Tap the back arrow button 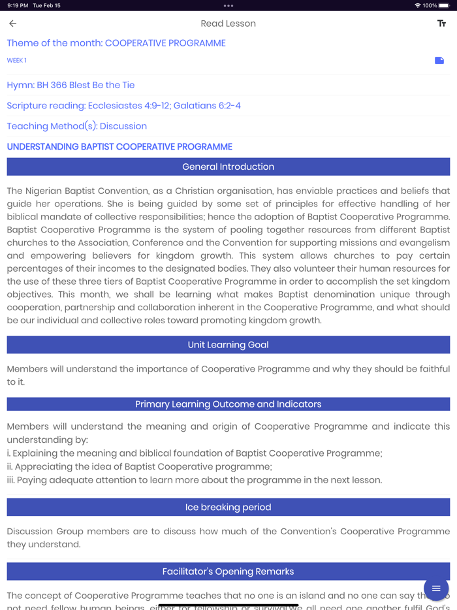pos(13,24)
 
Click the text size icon pos(441,24)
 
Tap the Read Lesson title pos(228,24)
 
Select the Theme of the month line pos(116,43)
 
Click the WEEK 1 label pos(17,60)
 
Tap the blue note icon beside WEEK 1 pos(439,60)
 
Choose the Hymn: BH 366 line pos(71,85)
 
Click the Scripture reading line pos(123,105)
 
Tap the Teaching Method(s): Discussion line pos(76,126)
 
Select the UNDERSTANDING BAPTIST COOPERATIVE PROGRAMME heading pos(119,147)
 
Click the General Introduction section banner pos(228,167)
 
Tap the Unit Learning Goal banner pos(228,345)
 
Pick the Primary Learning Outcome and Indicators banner pos(228,404)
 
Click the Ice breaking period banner pos(228,507)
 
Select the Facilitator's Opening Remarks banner pos(228,571)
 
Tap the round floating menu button pos(436,588)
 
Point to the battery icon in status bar pos(444,5)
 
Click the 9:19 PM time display pos(18,5)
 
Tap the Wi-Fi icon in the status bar pos(417,5)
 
